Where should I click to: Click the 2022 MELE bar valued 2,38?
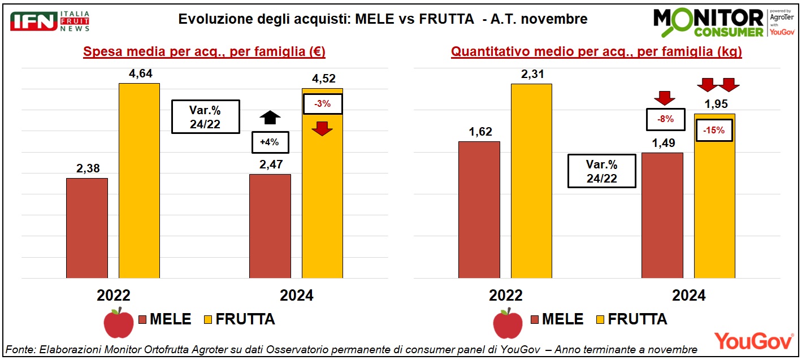(86, 228)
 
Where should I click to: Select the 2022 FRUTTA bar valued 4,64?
(139, 180)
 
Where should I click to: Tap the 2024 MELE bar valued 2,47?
(270, 226)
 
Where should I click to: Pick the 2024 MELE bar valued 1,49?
(662, 215)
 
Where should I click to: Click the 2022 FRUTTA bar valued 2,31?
(531, 181)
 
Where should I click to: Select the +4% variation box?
(270, 142)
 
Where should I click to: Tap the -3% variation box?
(323, 103)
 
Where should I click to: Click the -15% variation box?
(714, 130)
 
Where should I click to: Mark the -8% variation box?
(664, 119)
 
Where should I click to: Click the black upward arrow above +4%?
(270, 118)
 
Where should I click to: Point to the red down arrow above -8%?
(664, 98)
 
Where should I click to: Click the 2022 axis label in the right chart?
(505, 295)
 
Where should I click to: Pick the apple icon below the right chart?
(508, 323)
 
